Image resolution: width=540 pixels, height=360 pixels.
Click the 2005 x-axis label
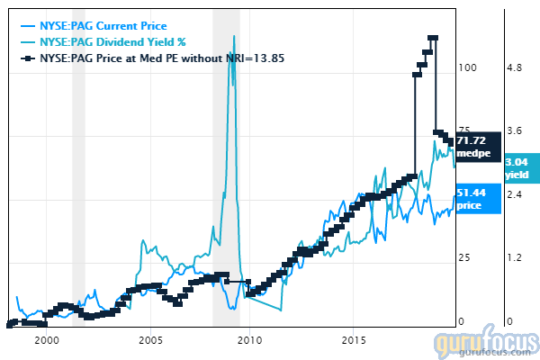pyautogui.click(x=150, y=341)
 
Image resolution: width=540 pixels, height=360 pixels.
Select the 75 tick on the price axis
pyautogui.click(x=464, y=130)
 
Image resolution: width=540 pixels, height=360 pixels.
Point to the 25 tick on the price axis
pyautogui.click(x=464, y=258)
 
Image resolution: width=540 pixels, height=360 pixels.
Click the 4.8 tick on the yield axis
pyautogui.click(x=513, y=67)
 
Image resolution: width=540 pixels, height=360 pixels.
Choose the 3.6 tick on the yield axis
pyautogui.click(x=513, y=130)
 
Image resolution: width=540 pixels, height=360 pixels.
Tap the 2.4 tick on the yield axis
pyautogui.click(x=513, y=194)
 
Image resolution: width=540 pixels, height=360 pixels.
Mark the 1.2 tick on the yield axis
pyautogui.click(x=513, y=258)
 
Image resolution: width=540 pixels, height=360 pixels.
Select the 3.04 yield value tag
pyautogui.click(x=521, y=169)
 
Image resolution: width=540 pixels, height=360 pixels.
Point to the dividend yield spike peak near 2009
pyautogui.click(x=234, y=37)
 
